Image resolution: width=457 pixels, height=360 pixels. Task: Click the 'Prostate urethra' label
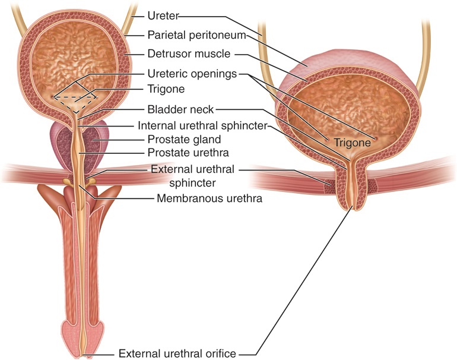click(x=187, y=154)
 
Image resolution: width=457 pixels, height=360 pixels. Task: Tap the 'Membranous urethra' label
click(x=209, y=198)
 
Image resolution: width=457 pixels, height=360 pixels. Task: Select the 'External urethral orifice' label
click(x=186, y=353)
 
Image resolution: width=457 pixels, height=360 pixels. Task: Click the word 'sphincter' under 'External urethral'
click(x=192, y=183)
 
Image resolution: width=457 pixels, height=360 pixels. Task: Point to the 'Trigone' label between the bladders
click(x=166, y=89)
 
